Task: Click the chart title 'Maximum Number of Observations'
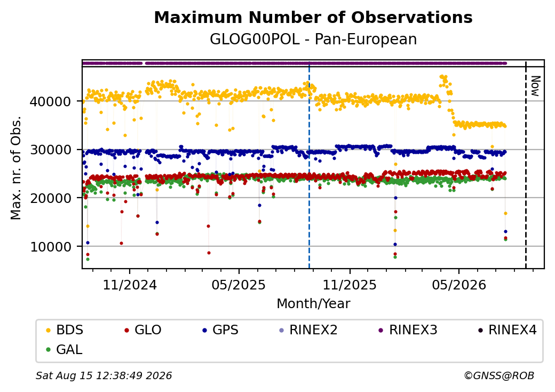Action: tap(313, 17)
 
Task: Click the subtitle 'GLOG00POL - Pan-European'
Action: tap(313, 39)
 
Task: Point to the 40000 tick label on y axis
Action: tap(51, 101)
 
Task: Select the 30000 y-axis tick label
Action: tap(51, 150)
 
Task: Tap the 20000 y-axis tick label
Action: tap(51, 198)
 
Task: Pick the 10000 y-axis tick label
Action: tap(51, 247)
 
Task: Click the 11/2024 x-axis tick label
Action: tap(130, 285)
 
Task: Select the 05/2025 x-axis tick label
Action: tap(239, 285)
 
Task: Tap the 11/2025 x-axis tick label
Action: tap(350, 285)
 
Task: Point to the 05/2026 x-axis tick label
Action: tap(459, 285)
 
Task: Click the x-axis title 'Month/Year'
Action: tap(313, 303)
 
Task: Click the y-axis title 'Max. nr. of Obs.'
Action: tap(16, 168)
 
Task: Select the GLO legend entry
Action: tap(143, 330)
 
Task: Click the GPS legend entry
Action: tap(220, 330)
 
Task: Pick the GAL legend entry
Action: tap(65, 349)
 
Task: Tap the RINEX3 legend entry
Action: tap(408, 330)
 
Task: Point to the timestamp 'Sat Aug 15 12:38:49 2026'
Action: tap(104, 375)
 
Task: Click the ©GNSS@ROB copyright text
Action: tap(499, 375)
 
